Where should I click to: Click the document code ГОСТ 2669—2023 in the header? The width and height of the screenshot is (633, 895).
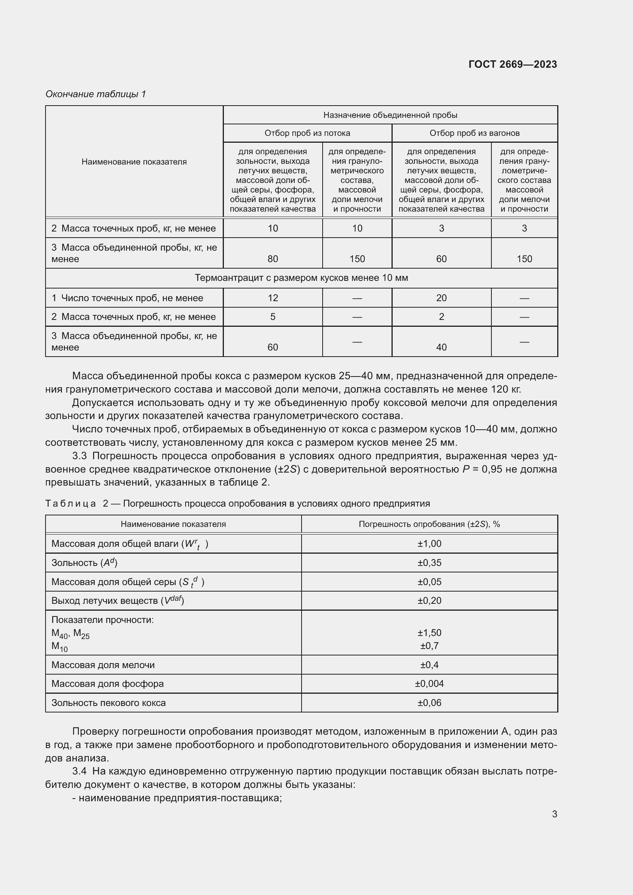tap(512, 64)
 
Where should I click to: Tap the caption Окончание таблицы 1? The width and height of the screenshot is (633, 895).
tap(96, 94)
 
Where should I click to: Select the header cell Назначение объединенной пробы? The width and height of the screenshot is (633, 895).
tap(390, 115)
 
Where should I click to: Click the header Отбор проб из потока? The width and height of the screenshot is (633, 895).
tap(307, 133)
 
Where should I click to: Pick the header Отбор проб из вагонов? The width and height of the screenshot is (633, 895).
tap(474, 133)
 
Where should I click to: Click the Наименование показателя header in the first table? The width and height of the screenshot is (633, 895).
tap(134, 162)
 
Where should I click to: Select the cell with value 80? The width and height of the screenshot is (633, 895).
tap(272, 259)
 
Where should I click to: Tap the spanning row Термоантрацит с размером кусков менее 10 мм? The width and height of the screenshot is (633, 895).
tap(301, 278)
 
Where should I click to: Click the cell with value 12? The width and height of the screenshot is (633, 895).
tap(272, 298)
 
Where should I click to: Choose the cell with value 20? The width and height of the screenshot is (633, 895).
tap(441, 298)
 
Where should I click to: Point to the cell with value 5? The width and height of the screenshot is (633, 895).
tap(272, 316)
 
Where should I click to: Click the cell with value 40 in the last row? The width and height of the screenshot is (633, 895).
tap(441, 347)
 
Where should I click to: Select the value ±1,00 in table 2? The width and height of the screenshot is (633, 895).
tap(429, 543)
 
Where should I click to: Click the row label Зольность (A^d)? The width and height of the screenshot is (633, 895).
tap(84, 562)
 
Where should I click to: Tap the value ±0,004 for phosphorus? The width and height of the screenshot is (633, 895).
tap(429, 683)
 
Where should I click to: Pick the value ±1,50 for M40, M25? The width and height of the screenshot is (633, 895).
tap(429, 633)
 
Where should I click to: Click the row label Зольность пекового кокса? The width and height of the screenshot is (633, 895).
tap(108, 703)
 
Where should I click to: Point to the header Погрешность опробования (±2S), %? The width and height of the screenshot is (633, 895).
tap(429, 524)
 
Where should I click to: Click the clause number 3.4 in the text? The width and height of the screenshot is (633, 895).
tap(80, 771)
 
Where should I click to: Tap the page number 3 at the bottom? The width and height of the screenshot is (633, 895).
tap(554, 814)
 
